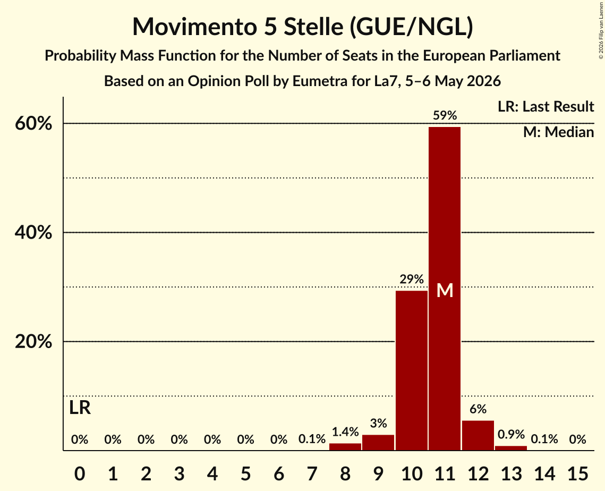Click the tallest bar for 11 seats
[x=445, y=289]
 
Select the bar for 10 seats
[x=411, y=370]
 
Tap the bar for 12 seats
[x=478, y=435]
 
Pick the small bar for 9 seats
[x=378, y=442]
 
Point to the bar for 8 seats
[x=345, y=446]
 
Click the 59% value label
[x=445, y=115]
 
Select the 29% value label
[x=412, y=278]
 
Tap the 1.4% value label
[x=345, y=431]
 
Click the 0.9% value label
[x=511, y=434]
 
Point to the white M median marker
[x=445, y=290]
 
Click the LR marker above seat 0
[x=80, y=408]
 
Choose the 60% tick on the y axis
[x=33, y=124]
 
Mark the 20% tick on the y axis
[x=33, y=342]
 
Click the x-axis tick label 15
[x=577, y=473]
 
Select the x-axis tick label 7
[x=312, y=473]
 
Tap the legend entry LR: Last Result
[x=546, y=106]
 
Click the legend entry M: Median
[x=559, y=132]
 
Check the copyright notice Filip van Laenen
[x=601, y=30]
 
